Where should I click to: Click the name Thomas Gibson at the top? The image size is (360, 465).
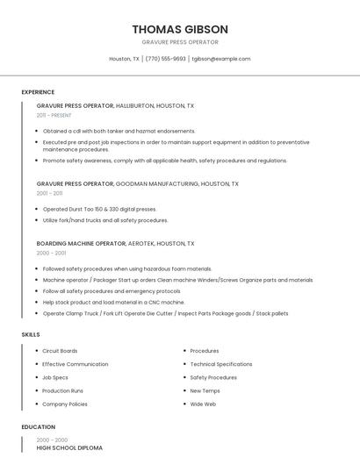pos(180,29)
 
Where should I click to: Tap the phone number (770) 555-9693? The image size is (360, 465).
pos(165,59)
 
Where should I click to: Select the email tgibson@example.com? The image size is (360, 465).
pos(221,59)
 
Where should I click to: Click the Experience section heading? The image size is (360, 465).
pos(38,92)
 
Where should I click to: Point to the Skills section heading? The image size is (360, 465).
pos(31,334)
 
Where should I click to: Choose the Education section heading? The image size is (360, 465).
pos(38,426)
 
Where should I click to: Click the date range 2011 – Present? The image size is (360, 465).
pos(54,115)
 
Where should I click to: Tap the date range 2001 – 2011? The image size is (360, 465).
pos(49,193)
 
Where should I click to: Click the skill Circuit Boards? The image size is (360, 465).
pos(60,351)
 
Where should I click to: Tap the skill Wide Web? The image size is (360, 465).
pos(203,404)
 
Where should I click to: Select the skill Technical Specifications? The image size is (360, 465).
pos(221,364)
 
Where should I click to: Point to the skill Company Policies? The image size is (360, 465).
pos(65,404)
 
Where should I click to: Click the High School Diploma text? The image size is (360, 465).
pos(69,447)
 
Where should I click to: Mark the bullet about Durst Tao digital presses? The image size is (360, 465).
pos(99,209)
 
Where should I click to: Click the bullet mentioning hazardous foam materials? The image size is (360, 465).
pos(127,268)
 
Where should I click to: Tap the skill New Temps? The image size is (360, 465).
pos(205,390)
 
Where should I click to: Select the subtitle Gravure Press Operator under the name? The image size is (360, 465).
pos(180,42)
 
